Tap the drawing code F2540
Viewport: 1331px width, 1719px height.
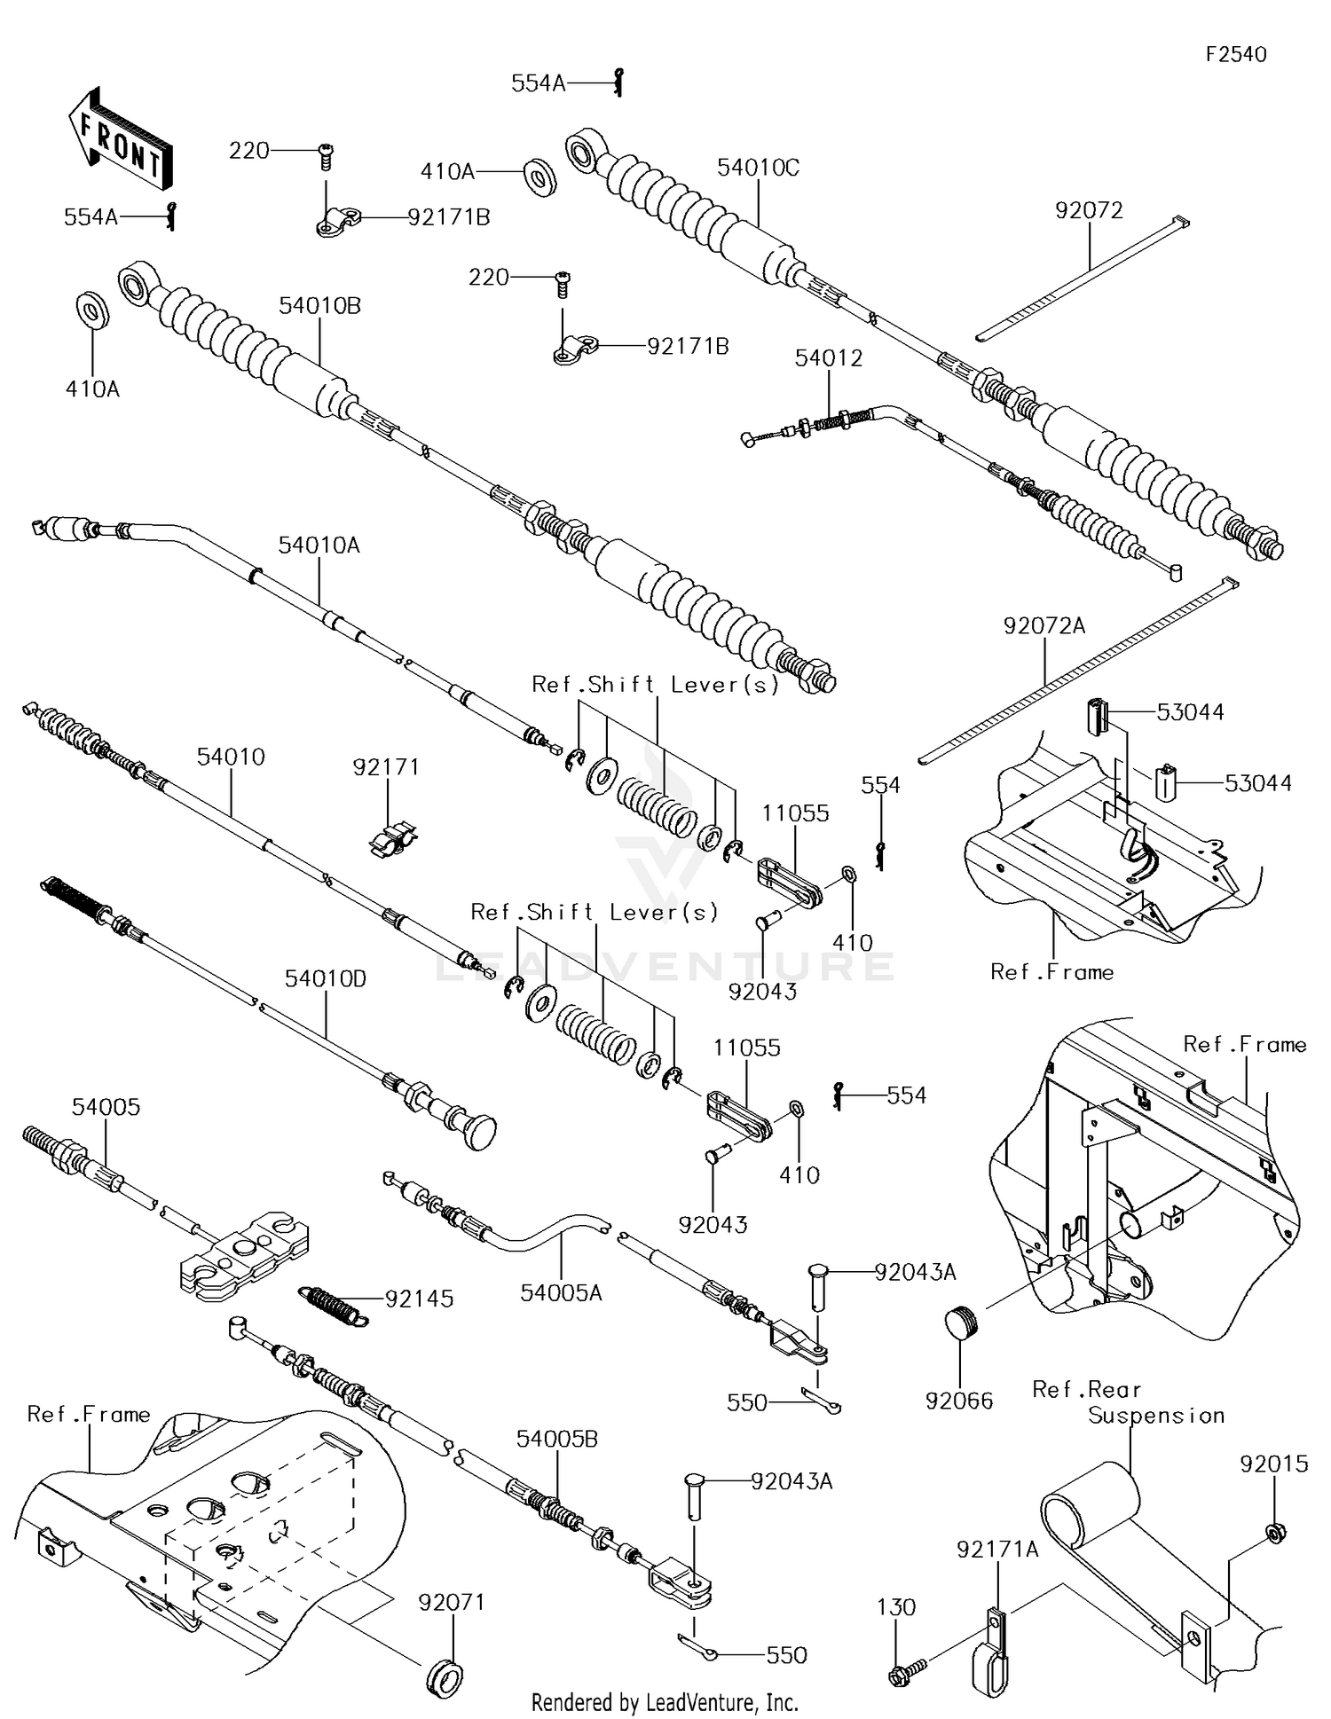(1236, 55)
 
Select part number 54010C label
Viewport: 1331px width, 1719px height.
(758, 168)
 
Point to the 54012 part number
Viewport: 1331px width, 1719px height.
(828, 357)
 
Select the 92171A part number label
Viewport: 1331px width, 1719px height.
(996, 1549)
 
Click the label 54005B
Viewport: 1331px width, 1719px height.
(557, 1439)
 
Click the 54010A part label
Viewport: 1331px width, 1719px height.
(319, 545)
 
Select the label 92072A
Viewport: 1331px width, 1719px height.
(1044, 625)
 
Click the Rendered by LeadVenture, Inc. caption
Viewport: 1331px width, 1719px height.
(665, 1702)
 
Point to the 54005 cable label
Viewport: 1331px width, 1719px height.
(106, 1106)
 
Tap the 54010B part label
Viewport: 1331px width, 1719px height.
(319, 305)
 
